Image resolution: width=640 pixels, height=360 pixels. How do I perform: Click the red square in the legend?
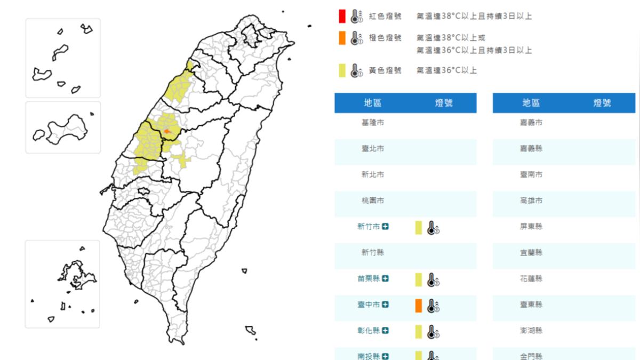click(x=342, y=16)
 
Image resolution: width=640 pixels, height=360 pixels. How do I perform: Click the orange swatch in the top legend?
click(x=342, y=38)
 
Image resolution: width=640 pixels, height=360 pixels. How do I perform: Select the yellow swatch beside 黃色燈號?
click(x=342, y=70)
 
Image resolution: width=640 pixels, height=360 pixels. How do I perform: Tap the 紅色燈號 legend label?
click(x=385, y=17)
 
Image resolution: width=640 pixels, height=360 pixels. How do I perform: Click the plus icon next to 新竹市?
click(x=386, y=227)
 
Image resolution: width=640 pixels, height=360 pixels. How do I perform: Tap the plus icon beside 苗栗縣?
click(x=386, y=278)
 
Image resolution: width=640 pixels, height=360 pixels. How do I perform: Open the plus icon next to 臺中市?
click(x=386, y=305)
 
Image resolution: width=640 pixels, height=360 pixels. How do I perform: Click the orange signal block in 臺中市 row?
click(x=419, y=305)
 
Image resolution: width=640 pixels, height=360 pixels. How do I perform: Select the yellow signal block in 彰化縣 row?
click(x=419, y=331)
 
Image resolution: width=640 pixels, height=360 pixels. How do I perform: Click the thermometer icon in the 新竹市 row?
click(x=433, y=228)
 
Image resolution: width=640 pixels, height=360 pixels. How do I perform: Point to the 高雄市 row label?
click(x=531, y=201)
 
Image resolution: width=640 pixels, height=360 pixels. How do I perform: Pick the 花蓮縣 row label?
click(x=531, y=278)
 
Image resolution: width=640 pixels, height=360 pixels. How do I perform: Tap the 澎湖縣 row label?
click(x=531, y=331)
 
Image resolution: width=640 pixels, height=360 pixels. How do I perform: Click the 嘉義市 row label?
click(x=531, y=123)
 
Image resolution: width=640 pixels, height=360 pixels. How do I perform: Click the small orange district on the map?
click(x=167, y=130)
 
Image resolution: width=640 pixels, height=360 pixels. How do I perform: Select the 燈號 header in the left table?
click(x=444, y=103)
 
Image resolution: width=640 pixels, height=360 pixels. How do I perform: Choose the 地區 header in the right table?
click(x=531, y=103)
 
